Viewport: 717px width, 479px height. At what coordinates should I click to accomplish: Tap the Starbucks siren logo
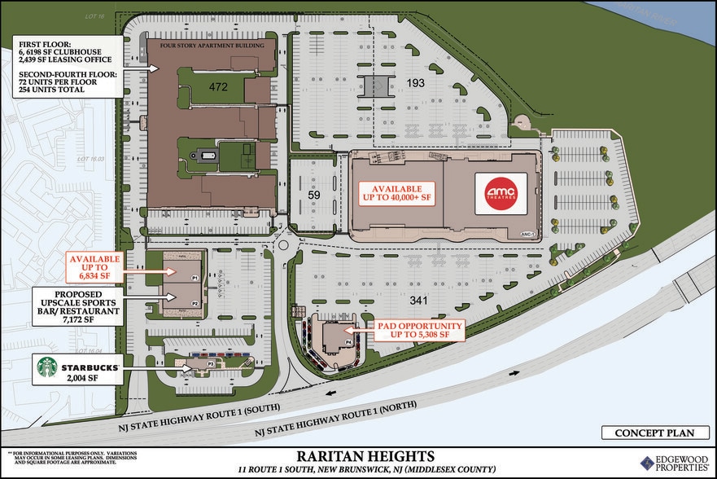coord(47,367)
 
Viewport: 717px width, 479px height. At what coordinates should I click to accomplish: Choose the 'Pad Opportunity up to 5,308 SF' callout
coord(420,329)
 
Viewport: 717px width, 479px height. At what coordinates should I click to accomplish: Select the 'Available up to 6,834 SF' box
coord(94,265)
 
